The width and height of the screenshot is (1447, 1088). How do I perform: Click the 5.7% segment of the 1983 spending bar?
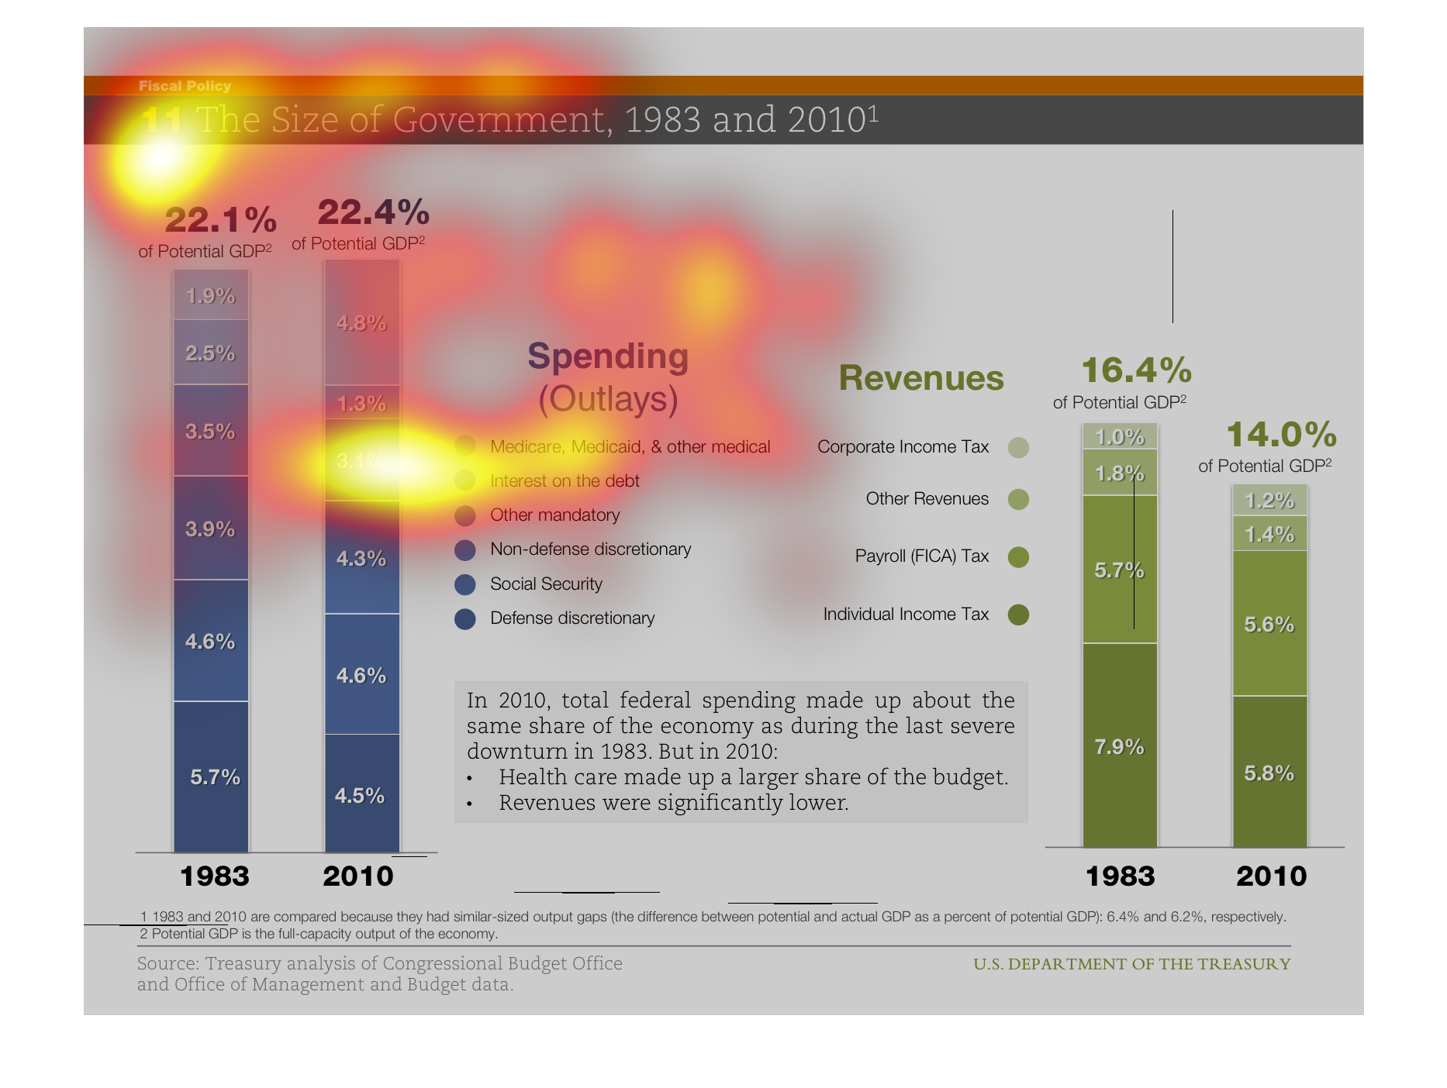211,776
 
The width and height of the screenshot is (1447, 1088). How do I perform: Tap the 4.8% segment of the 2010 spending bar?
361,322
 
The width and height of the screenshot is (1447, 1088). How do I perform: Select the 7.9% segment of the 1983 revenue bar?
1119,746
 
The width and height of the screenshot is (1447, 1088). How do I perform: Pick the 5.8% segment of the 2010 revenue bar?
1269,773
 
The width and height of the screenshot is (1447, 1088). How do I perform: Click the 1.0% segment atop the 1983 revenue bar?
1120,437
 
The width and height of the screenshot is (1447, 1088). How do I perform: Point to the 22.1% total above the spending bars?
220,220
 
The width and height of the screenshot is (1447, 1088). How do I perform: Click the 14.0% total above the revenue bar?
1281,435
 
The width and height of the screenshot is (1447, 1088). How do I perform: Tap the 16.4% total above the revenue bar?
1136,370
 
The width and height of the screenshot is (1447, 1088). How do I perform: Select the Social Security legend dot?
465,584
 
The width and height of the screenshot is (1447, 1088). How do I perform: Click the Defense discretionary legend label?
572,618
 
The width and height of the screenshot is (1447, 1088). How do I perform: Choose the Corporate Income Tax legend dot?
1018,447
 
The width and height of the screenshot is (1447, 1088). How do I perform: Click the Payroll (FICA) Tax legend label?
921,556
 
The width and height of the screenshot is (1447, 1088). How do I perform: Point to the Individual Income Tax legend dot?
1018,615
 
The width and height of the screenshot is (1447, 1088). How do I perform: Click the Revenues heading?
921,378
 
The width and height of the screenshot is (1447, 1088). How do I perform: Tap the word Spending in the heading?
608,356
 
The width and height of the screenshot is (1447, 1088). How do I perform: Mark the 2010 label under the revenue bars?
1271,876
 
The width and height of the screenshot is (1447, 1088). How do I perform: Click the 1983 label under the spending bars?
214,876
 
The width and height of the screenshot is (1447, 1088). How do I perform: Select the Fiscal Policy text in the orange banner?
185,86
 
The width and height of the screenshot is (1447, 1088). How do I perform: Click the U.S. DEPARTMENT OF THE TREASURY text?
1132,964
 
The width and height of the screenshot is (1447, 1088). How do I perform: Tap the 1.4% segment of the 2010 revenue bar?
1269,534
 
